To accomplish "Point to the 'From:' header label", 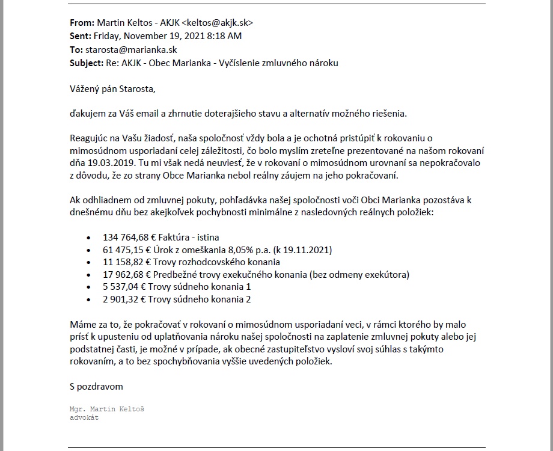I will tap(82, 23).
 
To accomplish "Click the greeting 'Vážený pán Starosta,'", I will tap(112, 89).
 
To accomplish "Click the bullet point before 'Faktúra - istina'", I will tap(90, 238).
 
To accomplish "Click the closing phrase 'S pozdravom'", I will tap(96, 387).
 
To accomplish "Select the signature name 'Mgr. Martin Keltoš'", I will tap(107, 410).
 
